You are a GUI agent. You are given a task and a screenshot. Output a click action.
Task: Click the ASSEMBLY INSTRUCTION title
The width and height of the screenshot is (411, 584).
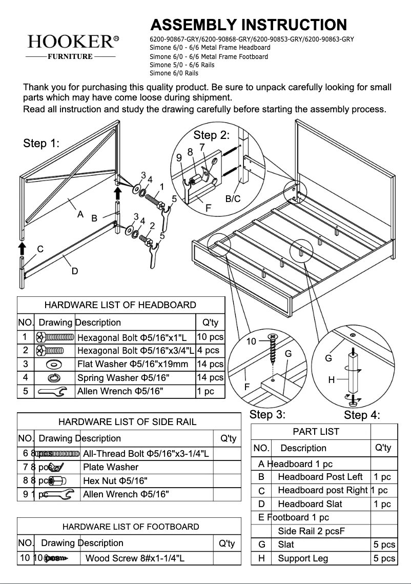click(249, 25)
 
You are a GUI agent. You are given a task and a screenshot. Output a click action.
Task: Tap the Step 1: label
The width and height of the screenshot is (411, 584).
click(42, 144)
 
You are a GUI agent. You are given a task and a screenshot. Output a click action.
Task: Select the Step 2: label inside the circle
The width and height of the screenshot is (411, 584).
click(211, 135)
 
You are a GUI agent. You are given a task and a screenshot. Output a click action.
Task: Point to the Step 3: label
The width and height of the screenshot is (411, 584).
click(267, 414)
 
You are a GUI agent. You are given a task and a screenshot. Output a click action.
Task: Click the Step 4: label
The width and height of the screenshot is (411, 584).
click(362, 415)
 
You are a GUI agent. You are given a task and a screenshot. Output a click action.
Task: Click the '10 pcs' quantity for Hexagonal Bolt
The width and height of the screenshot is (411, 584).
click(210, 337)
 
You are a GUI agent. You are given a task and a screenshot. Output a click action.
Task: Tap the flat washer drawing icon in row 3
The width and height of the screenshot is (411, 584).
click(54, 364)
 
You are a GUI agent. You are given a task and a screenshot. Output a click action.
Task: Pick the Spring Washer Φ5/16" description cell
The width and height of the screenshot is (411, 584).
click(123, 378)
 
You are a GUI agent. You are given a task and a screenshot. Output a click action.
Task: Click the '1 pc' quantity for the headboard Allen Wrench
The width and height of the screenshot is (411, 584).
click(205, 391)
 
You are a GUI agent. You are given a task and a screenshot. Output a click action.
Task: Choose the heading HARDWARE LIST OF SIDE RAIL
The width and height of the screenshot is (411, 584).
click(127, 422)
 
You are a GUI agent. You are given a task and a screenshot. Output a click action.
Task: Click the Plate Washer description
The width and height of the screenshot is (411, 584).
click(111, 467)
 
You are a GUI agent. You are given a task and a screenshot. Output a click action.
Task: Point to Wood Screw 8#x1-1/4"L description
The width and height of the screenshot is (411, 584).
click(135, 558)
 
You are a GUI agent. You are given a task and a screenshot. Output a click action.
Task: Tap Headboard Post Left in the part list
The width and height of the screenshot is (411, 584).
click(320, 477)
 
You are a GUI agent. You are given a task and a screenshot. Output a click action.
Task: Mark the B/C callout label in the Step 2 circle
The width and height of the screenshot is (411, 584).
click(233, 199)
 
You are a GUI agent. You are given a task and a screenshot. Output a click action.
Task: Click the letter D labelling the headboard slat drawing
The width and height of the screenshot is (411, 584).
click(75, 271)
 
